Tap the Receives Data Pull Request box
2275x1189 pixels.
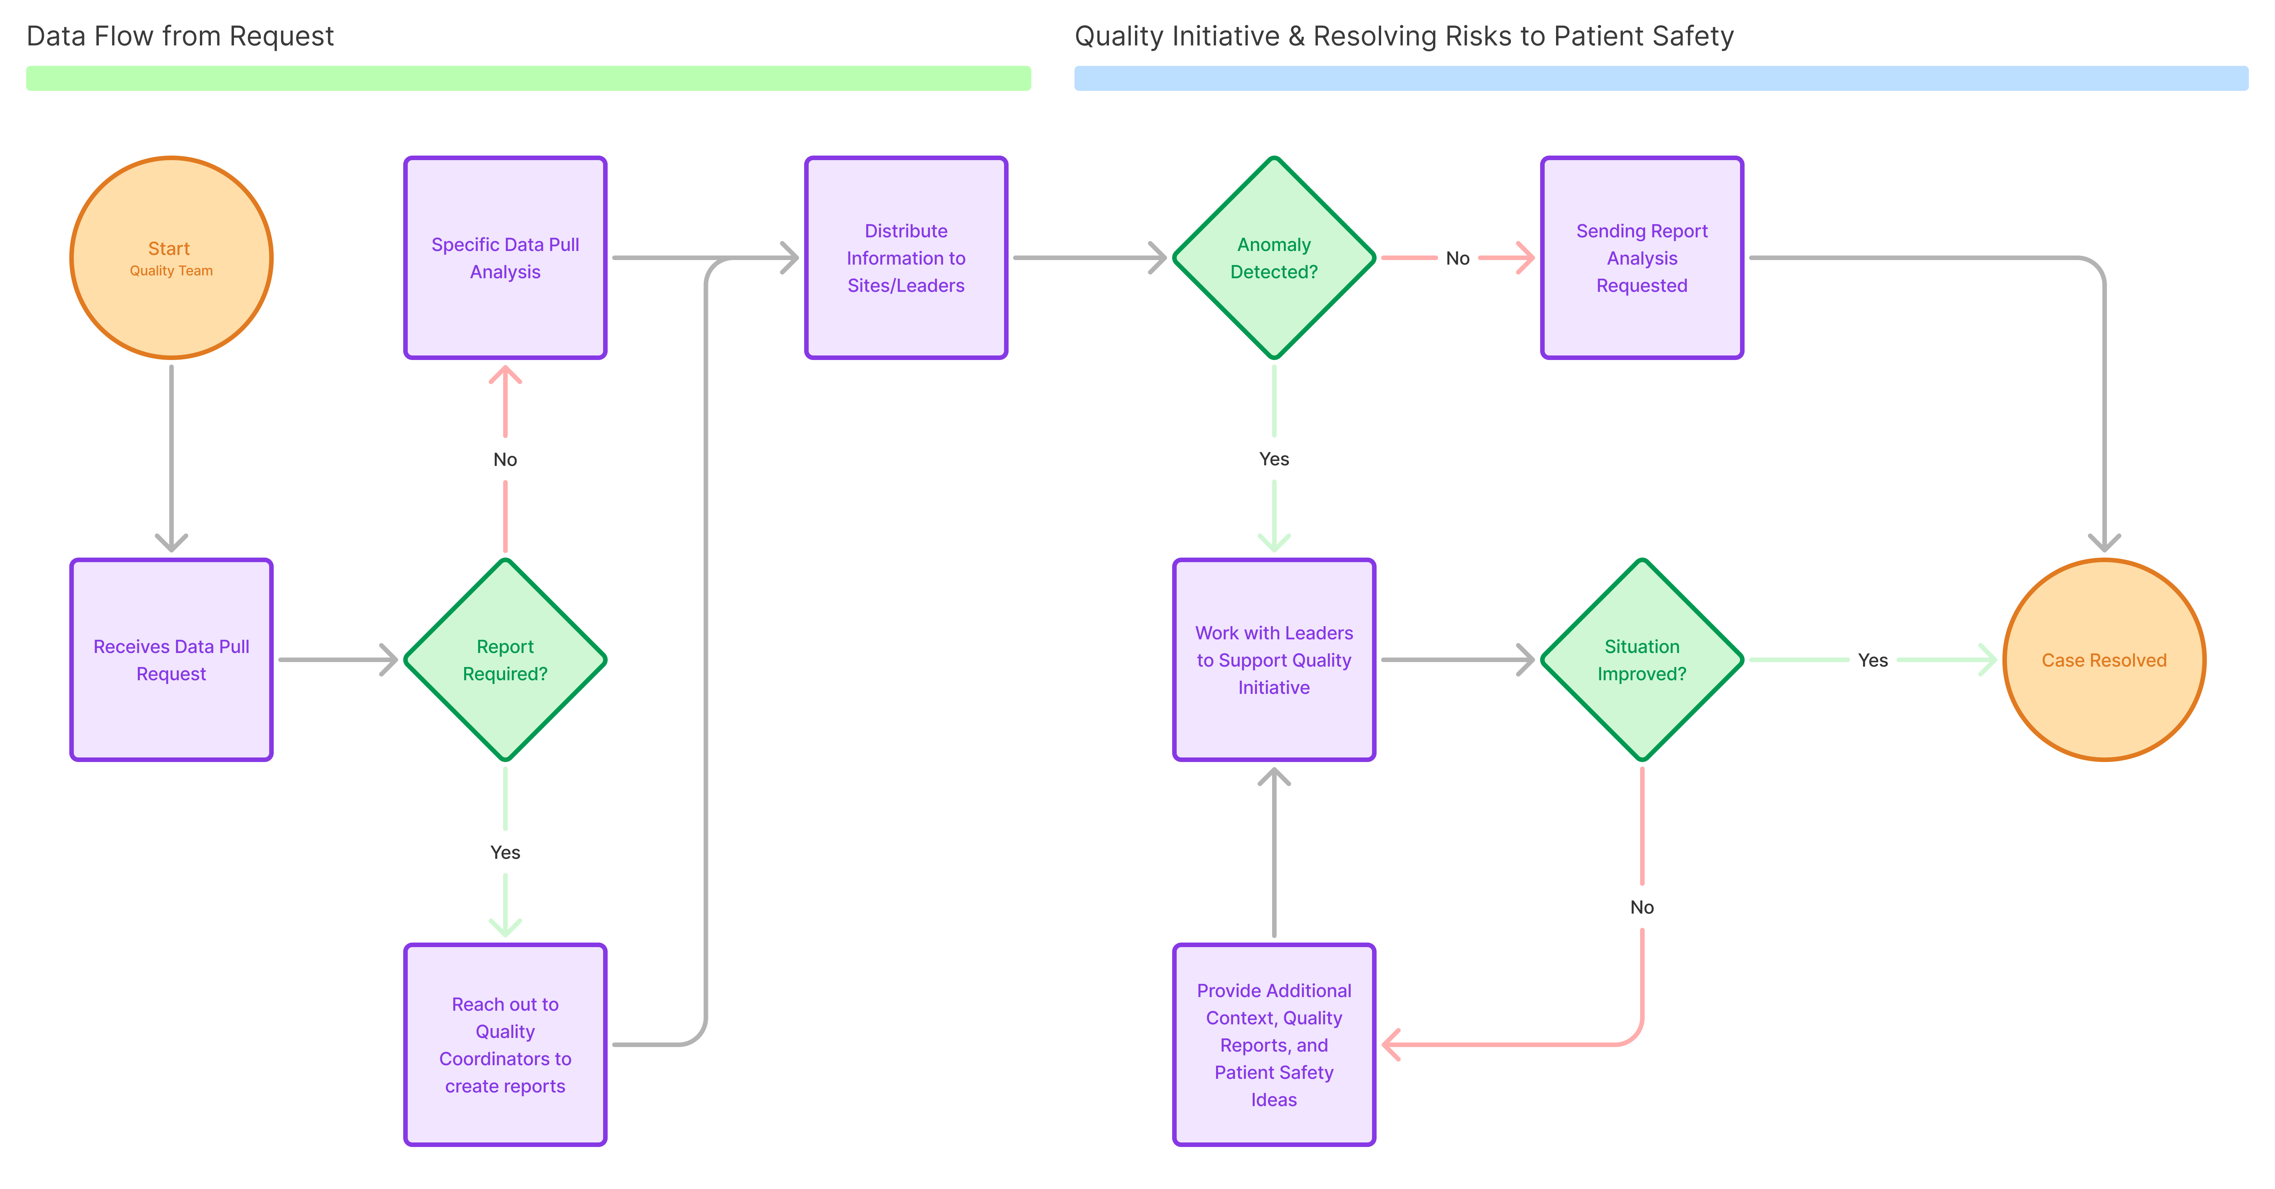point(172,660)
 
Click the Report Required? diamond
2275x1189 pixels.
point(505,660)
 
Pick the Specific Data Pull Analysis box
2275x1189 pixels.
point(505,258)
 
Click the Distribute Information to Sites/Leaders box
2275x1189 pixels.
point(906,258)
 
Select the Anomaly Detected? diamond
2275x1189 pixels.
point(1274,258)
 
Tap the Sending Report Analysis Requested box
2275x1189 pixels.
point(1642,258)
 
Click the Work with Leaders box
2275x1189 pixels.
point(1274,660)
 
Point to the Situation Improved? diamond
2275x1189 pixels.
point(1642,660)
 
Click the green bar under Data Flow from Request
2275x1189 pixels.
point(528,78)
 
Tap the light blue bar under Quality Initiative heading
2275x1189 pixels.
point(1660,78)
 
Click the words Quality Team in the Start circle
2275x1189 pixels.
point(172,271)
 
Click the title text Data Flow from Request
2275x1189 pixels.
point(180,36)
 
